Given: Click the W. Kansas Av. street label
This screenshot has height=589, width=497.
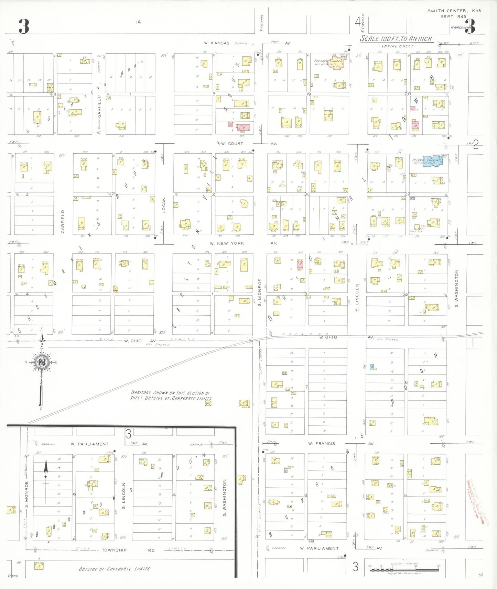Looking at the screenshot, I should click(217, 43).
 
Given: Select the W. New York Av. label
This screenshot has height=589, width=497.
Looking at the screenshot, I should click(227, 243).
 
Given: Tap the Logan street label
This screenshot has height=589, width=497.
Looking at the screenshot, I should click(164, 205).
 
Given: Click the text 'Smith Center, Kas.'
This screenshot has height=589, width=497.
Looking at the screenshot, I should click(455, 11).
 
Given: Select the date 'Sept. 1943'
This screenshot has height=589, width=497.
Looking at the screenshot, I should click(453, 16).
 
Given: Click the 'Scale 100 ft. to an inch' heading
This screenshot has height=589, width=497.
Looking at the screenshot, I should click(396, 39).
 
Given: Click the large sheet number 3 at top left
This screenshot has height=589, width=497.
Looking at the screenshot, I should click(23, 26).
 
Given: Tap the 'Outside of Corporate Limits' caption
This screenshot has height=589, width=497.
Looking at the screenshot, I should click(115, 569).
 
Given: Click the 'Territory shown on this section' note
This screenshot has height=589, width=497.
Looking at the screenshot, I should click(171, 395).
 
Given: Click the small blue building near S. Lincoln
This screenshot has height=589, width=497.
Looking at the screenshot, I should click(372, 367).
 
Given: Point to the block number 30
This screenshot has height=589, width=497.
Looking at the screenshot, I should click(307, 194).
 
